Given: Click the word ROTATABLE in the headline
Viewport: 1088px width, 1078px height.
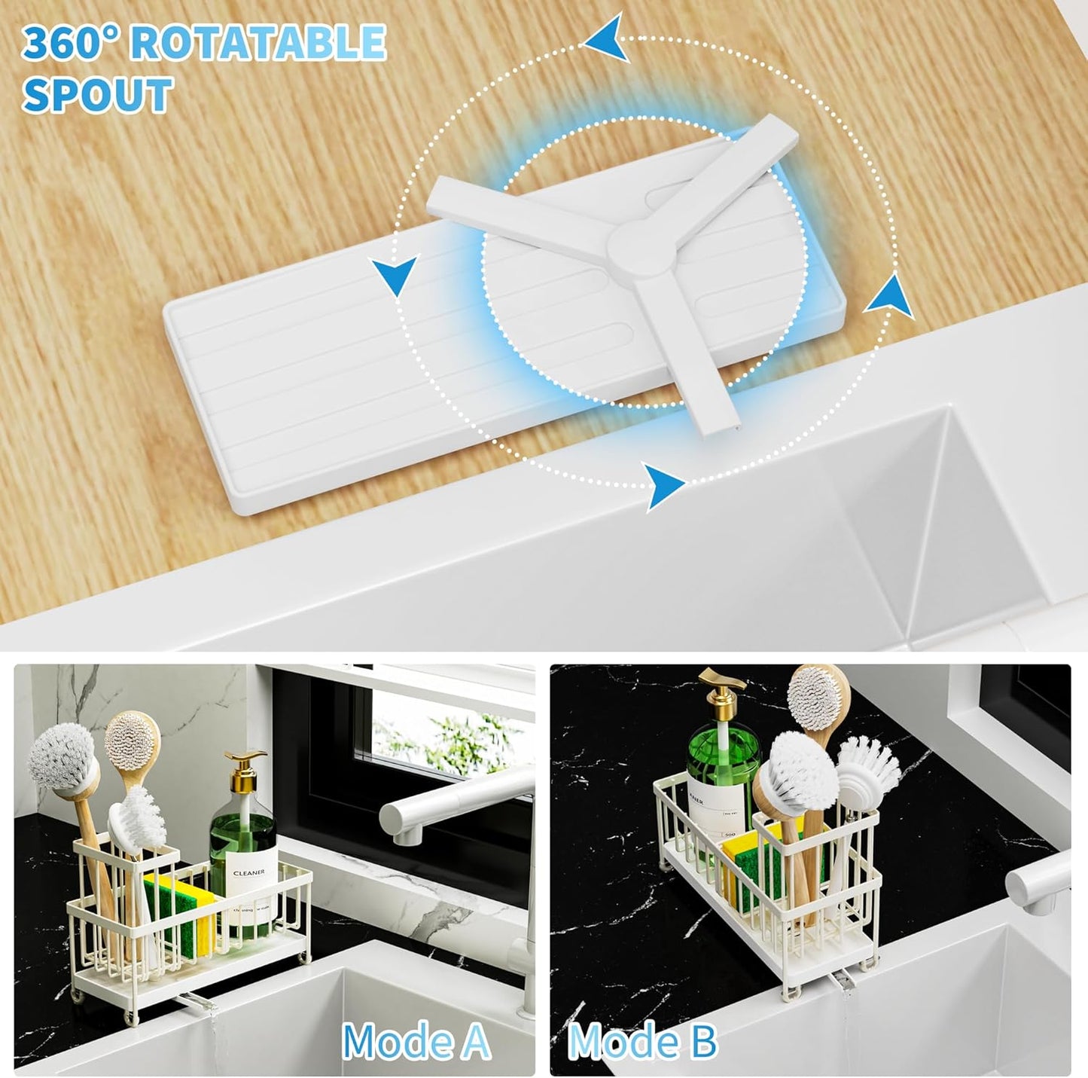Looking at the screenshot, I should [x=258, y=43].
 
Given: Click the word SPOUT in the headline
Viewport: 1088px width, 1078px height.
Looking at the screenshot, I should [x=97, y=96].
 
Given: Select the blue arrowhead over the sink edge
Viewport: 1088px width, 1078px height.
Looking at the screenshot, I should [x=666, y=484].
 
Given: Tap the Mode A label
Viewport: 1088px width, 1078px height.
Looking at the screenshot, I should [x=416, y=1042].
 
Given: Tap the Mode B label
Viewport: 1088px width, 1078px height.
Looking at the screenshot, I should [x=642, y=1042].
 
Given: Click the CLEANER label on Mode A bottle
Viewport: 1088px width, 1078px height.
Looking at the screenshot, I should [x=248, y=873].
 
